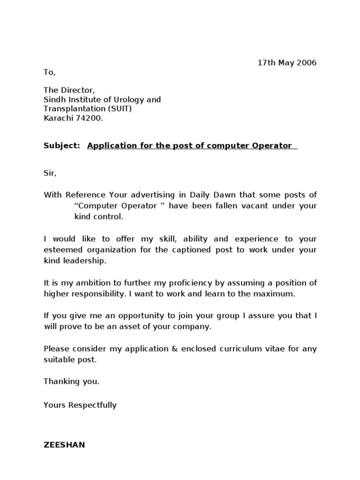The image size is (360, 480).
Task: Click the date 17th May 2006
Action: click(287, 63)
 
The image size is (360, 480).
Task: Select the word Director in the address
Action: click(77, 90)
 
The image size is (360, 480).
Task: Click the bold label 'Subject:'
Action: click(62, 145)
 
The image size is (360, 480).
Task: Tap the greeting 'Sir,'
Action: click(50, 173)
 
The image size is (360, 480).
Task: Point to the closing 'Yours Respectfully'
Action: click(80, 405)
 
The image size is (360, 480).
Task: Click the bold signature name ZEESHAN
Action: click(64, 445)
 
